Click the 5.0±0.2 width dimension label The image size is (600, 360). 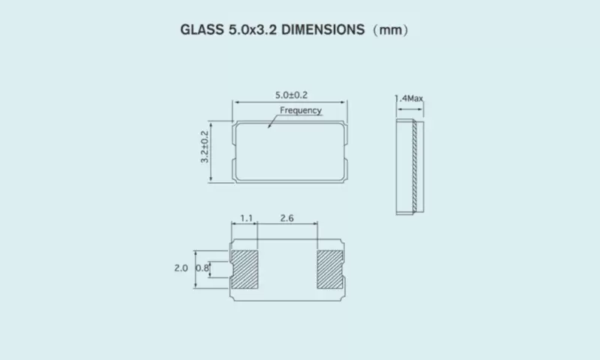tap(292, 94)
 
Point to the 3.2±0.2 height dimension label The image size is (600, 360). tap(203, 148)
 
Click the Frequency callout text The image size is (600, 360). tap(301, 110)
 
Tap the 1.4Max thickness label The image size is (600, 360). tap(409, 98)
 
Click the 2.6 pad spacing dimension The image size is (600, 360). tap(286, 219)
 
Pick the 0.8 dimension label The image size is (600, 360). tap(201, 268)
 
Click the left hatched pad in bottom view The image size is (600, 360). tap(245, 268)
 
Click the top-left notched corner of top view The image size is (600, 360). tap(234, 122)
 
